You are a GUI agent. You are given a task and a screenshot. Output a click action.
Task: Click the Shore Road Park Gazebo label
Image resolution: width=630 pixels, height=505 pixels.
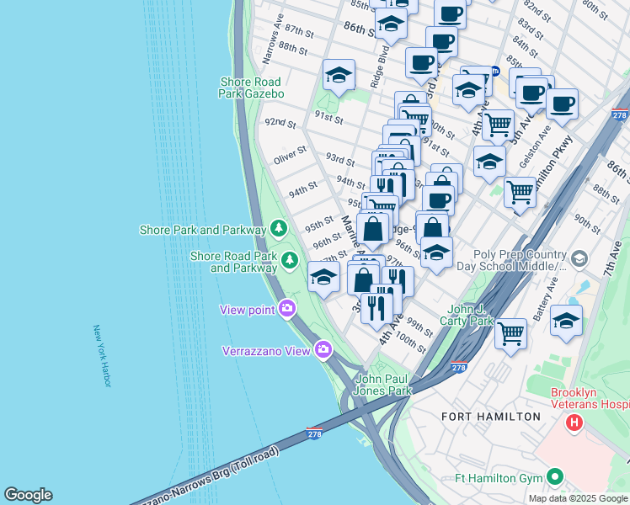(252, 88)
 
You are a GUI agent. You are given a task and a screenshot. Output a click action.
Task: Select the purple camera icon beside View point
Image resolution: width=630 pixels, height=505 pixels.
(288, 309)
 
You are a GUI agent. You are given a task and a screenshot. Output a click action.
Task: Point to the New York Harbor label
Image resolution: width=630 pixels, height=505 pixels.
(102, 356)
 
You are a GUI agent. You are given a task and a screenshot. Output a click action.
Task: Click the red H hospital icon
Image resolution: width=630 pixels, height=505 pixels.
(574, 422)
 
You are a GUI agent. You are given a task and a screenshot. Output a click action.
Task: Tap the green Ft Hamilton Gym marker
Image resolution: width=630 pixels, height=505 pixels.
(554, 477)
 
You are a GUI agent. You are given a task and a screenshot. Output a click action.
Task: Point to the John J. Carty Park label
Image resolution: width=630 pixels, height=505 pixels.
(466, 315)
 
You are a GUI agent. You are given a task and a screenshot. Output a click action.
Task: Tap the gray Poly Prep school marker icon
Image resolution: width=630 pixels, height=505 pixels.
(579, 258)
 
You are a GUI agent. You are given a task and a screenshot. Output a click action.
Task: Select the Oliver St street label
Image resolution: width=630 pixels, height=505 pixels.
(290, 156)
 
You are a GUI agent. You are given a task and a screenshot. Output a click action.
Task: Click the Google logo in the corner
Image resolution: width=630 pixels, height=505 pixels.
(28, 495)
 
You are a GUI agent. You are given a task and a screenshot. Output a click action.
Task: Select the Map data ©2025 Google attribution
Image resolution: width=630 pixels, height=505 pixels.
(577, 498)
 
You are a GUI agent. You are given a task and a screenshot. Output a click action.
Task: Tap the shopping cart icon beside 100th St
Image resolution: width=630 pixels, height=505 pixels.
(510, 333)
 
